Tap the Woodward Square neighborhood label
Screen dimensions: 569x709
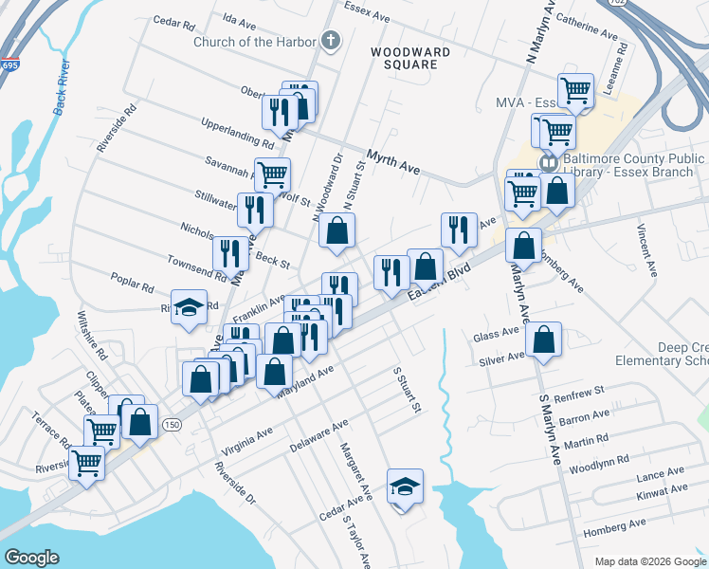(405, 58)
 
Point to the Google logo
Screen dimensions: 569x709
(31, 558)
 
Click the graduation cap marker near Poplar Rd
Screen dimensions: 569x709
(190, 307)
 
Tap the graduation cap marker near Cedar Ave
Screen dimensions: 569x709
(404, 486)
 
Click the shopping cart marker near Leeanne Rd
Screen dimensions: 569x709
(575, 90)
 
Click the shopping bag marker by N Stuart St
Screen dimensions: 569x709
(336, 229)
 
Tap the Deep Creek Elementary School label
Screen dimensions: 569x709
(661, 354)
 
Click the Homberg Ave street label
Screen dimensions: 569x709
(615, 523)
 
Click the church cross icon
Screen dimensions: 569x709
(330, 40)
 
